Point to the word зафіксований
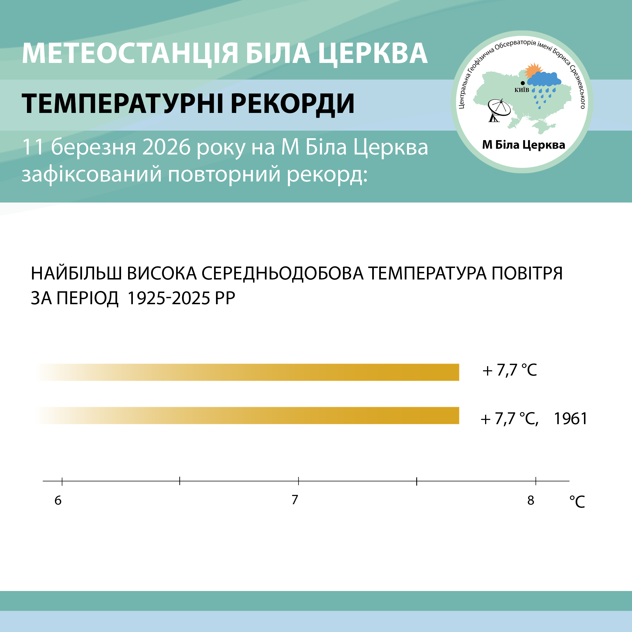click(92, 175)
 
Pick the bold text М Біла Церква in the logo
click(523, 145)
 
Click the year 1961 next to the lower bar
click(570, 419)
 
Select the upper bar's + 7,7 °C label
click(510, 370)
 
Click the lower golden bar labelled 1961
click(247, 415)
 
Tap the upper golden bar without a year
click(247, 372)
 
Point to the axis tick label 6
click(58, 501)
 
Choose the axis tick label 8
click(531, 501)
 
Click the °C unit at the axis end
click(577, 502)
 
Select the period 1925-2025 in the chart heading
click(169, 298)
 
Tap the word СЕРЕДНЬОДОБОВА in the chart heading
click(283, 274)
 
